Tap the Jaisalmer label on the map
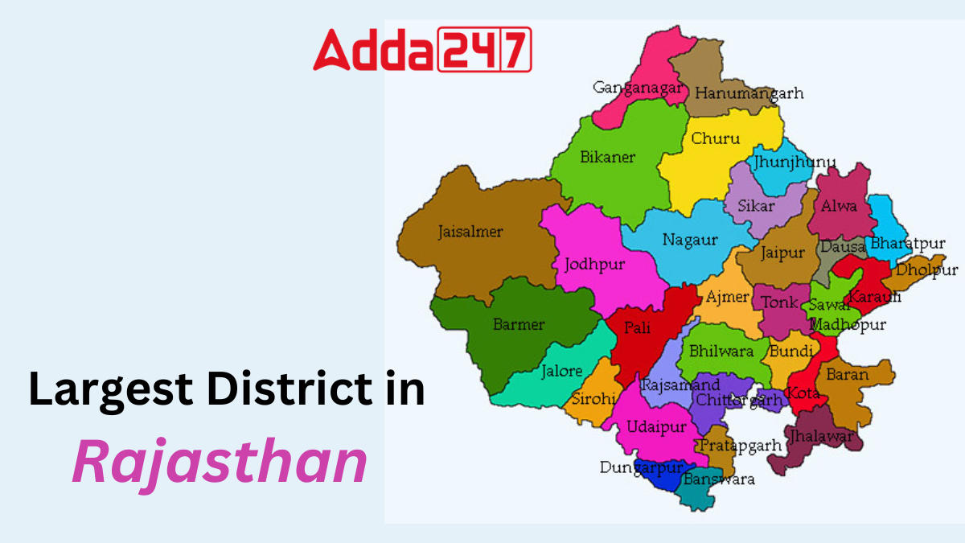[x=470, y=232]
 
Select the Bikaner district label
[x=607, y=157]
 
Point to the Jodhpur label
[x=594, y=264]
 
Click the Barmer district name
[x=519, y=325]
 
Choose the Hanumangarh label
[x=749, y=93]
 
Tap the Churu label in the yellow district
[x=715, y=138]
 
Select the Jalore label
[x=561, y=372]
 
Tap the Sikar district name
[x=757, y=205]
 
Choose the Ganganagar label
[x=639, y=87]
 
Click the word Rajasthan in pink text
[x=220, y=463]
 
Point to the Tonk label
[x=779, y=302]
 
